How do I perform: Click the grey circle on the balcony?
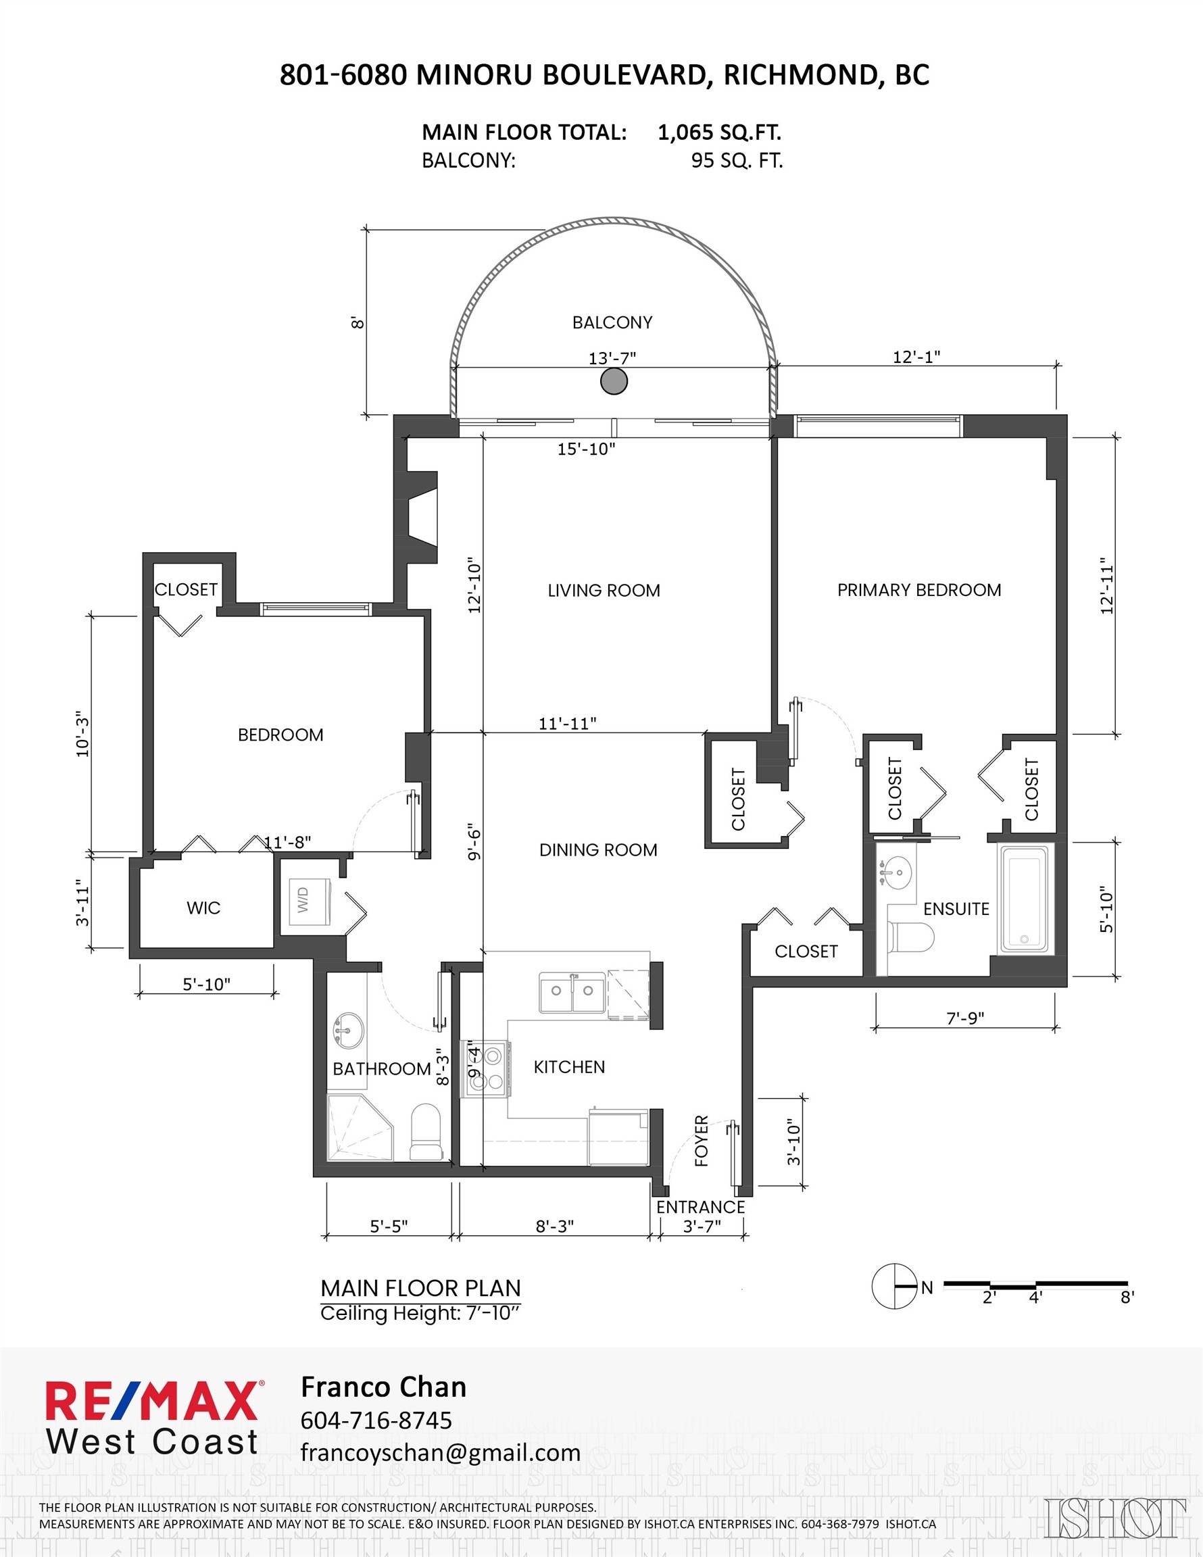[614, 381]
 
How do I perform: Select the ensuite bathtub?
[1025, 898]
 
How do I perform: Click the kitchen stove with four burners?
[487, 1068]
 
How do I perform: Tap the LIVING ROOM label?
[604, 590]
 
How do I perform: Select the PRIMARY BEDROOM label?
[919, 589]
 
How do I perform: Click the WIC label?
[203, 908]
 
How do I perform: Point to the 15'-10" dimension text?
[586, 449]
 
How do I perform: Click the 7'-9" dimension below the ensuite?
[965, 1018]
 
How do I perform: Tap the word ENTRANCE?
[700, 1207]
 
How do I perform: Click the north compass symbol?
[894, 1287]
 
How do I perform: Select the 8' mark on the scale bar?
[1127, 1297]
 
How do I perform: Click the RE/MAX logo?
[153, 1401]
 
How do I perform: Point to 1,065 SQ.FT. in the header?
[719, 132]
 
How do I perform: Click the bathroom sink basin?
[347, 1031]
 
